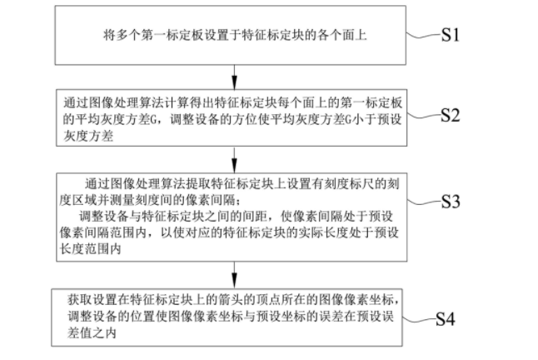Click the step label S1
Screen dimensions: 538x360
(x=450, y=35)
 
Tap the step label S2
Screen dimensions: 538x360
(x=451, y=115)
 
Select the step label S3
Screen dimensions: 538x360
(x=451, y=201)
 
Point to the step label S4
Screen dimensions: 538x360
(x=446, y=319)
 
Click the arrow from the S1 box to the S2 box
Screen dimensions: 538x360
(x=234, y=77)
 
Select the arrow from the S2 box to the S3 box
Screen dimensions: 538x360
(x=234, y=160)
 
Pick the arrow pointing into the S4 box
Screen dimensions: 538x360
(x=234, y=275)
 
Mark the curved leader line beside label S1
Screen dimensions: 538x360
(x=424, y=35)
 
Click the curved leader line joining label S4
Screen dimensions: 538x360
(x=419, y=320)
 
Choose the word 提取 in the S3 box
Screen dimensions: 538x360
(x=199, y=184)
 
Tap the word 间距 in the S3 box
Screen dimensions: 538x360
(x=255, y=217)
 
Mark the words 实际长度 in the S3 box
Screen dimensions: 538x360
(x=323, y=233)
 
